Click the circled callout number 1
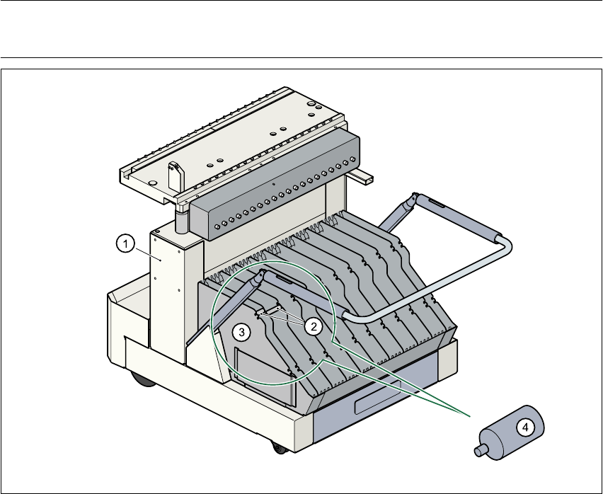click(x=125, y=244)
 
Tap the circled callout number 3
click(x=242, y=331)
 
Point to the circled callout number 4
click(x=524, y=427)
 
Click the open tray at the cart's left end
click(x=127, y=311)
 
